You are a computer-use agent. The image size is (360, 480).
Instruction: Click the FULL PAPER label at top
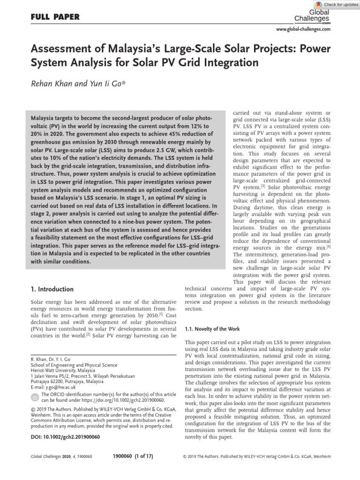point(54,17)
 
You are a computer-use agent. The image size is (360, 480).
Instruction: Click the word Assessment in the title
point(59,49)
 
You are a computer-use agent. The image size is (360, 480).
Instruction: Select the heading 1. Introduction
point(52,289)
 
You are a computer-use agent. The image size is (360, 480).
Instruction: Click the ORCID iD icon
point(35,397)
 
